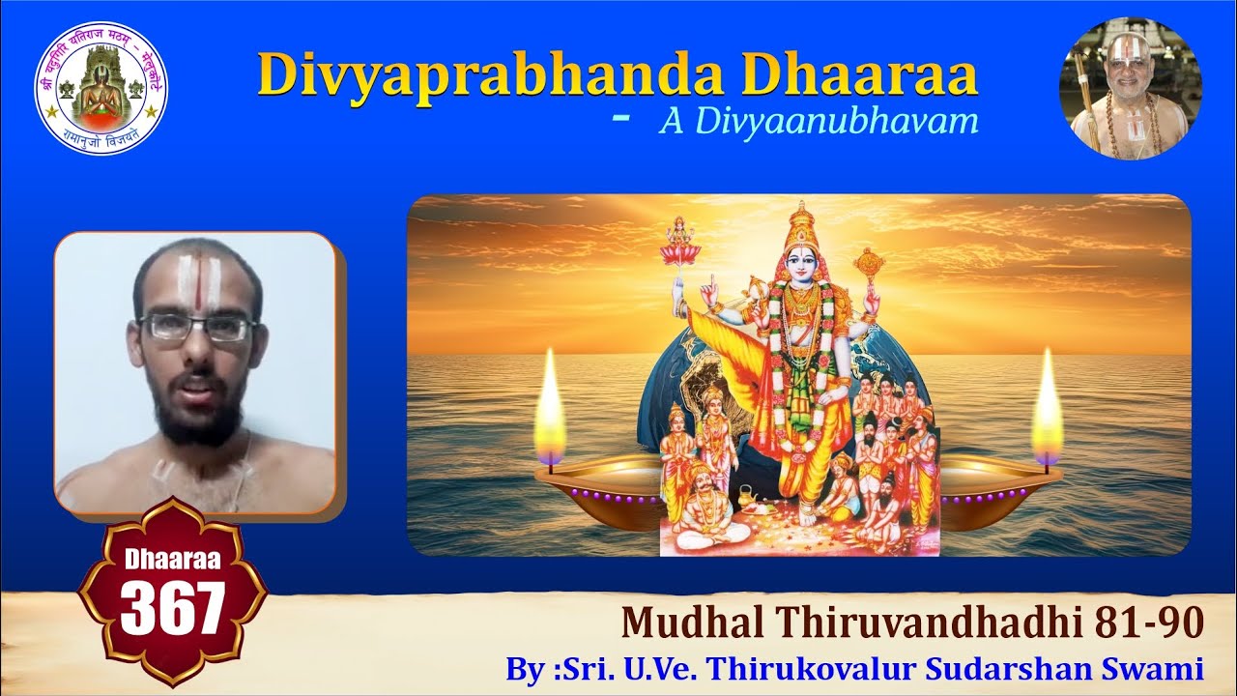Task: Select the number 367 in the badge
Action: click(x=172, y=608)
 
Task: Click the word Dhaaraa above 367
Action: click(x=172, y=559)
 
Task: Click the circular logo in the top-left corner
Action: click(x=101, y=87)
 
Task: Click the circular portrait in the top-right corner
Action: click(x=1130, y=88)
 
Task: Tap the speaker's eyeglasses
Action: click(x=198, y=328)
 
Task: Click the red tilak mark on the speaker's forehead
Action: click(x=196, y=283)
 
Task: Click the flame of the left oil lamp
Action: click(x=550, y=411)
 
